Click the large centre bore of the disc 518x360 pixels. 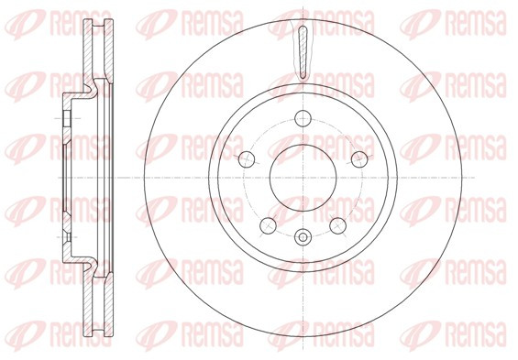(303, 178)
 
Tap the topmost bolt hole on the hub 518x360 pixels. (303, 118)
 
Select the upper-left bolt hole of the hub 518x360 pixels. (247, 159)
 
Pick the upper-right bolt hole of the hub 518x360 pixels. (359, 159)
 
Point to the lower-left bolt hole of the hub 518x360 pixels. (268, 225)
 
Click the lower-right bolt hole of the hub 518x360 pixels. (338, 225)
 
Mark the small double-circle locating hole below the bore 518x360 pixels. (303, 237)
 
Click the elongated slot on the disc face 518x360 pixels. (303, 52)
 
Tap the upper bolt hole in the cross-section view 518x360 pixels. (67, 118)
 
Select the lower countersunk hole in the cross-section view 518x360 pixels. (67, 237)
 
